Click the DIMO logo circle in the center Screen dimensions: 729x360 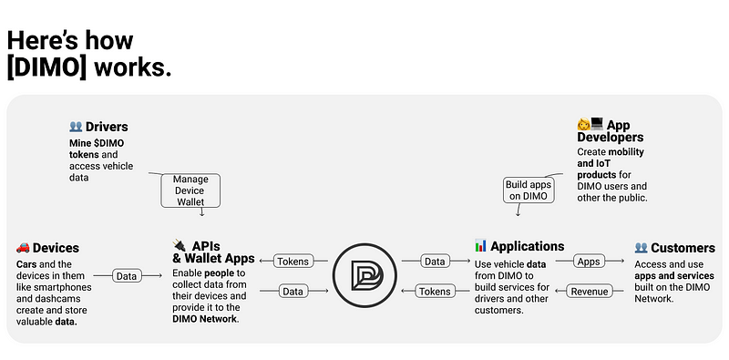click(365, 275)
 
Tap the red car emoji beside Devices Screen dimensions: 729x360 click(23, 247)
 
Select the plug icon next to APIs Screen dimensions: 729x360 click(179, 244)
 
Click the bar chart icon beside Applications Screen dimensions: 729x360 click(480, 245)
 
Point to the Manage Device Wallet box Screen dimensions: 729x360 click(190, 190)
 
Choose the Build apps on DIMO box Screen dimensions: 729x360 click(529, 190)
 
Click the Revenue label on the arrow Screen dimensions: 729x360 click(589, 292)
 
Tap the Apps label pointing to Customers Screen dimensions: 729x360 click(589, 262)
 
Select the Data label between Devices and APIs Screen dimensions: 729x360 click(127, 276)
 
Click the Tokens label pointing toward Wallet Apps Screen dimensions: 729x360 click(293, 262)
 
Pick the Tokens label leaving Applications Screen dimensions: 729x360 click(435, 292)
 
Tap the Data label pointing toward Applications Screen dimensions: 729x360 click(435, 262)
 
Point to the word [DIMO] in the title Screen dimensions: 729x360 click(47, 67)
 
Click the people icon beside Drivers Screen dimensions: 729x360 click(76, 127)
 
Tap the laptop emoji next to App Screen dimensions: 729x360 click(597, 124)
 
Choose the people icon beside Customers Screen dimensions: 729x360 click(642, 247)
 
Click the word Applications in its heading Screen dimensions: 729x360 click(528, 245)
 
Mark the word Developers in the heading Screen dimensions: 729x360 click(611, 137)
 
